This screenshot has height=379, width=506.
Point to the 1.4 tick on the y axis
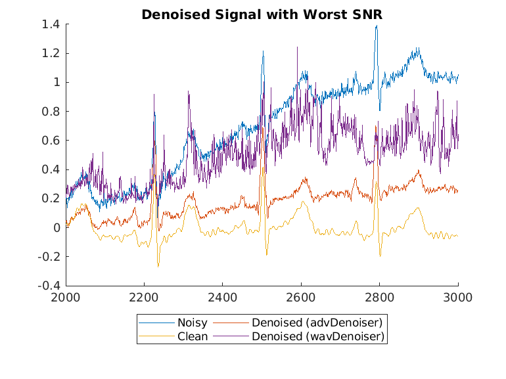(x=51, y=24)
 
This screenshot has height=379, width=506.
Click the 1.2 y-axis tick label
(x=51, y=53)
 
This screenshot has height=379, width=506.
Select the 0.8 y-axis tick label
(x=51, y=112)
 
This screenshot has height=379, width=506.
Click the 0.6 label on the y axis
(x=51, y=141)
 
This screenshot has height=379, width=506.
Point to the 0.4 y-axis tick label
(x=51, y=169)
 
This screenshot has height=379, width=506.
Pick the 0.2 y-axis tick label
(x=51, y=198)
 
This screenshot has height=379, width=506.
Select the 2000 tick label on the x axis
(x=66, y=297)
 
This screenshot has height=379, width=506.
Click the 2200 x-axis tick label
(x=144, y=297)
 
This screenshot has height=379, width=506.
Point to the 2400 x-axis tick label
(x=223, y=297)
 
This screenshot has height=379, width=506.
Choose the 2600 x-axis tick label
(x=301, y=297)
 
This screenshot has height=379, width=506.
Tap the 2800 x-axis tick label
(x=380, y=297)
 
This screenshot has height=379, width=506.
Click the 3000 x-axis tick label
(x=458, y=297)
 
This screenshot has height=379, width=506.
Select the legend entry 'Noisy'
(x=191, y=323)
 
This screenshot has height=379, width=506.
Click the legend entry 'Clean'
(x=192, y=336)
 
